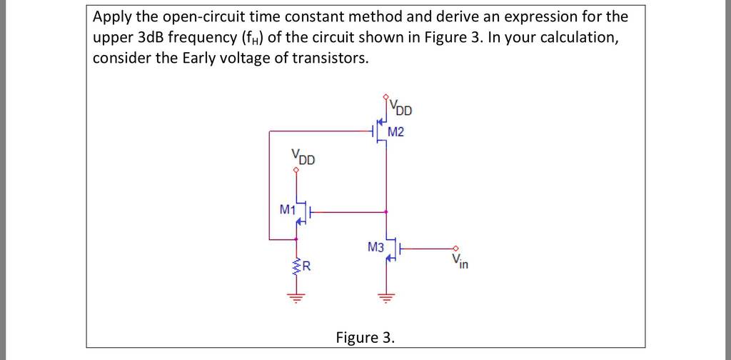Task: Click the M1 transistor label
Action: pyautogui.click(x=288, y=210)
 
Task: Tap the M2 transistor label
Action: pyautogui.click(x=395, y=132)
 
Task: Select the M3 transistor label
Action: pyautogui.click(x=375, y=246)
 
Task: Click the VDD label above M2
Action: pyautogui.click(x=400, y=108)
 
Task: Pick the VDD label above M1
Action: pyautogui.click(x=303, y=157)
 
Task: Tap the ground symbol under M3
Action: pyautogui.click(x=385, y=296)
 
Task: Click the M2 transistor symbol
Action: pyautogui.click(x=380, y=132)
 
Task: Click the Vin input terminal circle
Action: pyautogui.click(x=456, y=249)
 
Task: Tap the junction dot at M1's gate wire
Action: pyautogui.click(x=385, y=212)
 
